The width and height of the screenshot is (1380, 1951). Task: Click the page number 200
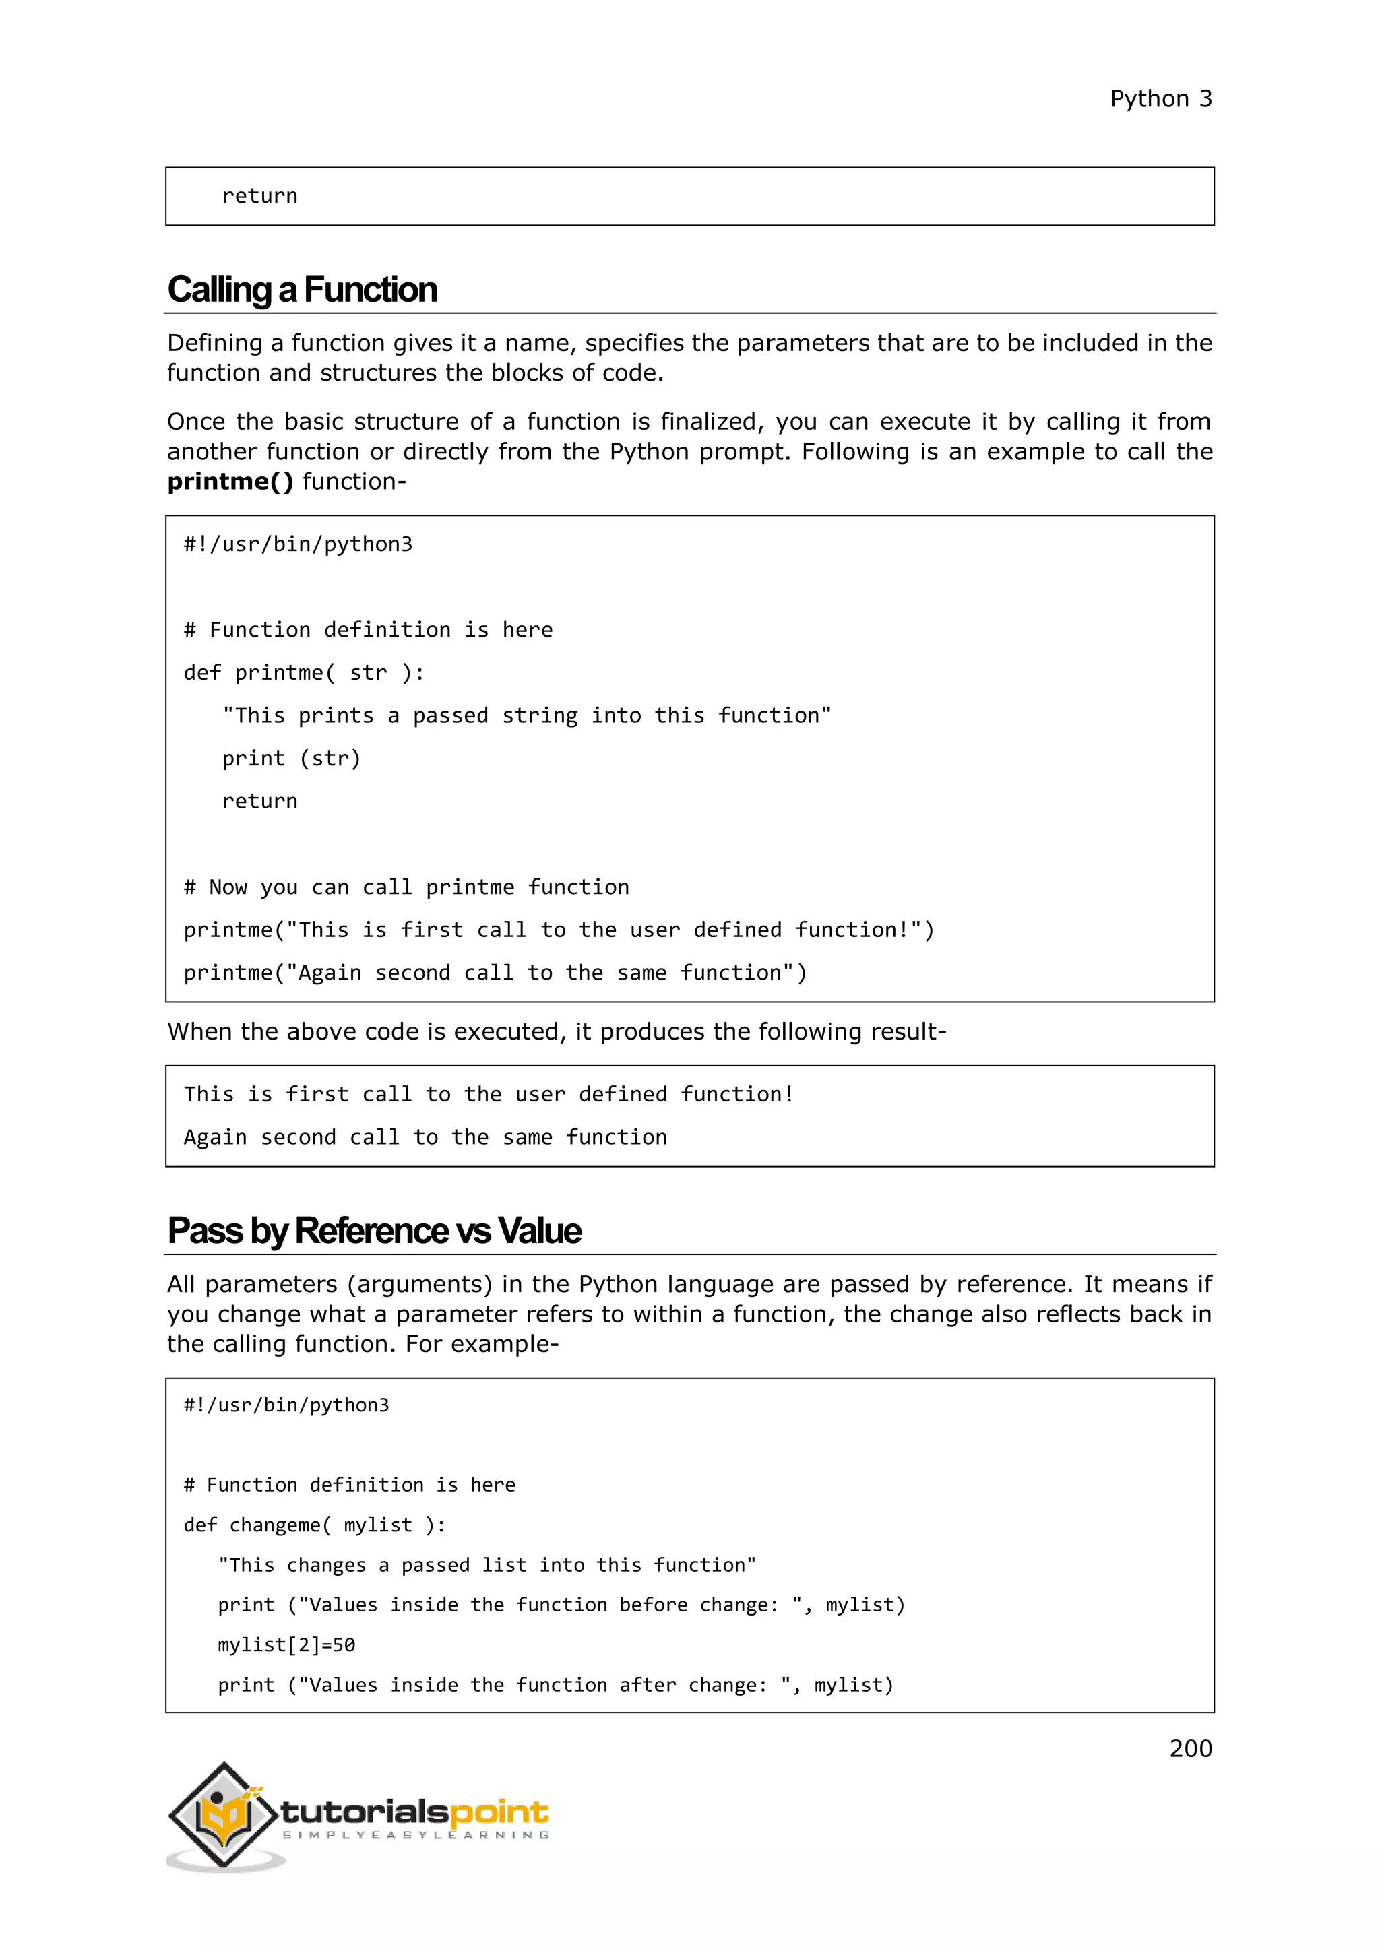pos(1190,1748)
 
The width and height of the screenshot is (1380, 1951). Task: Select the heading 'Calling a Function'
pos(302,290)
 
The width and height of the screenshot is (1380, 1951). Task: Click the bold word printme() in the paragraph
pos(229,482)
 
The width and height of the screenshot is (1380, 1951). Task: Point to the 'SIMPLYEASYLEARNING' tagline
pos(416,1835)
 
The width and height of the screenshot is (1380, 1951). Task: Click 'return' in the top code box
pos(259,196)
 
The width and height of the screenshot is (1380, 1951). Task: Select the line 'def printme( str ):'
pos(303,673)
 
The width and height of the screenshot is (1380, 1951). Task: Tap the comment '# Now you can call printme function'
pos(406,887)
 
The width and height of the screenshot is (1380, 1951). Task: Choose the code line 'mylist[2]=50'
pos(286,1645)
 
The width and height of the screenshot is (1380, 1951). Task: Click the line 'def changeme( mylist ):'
pos(315,1525)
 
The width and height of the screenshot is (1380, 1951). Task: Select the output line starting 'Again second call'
pos(425,1138)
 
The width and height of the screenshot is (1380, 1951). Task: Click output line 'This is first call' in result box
pos(489,1095)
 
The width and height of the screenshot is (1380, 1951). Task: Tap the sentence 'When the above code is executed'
pos(557,1031)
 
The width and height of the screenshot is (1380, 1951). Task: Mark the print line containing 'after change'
pos(555,1685)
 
